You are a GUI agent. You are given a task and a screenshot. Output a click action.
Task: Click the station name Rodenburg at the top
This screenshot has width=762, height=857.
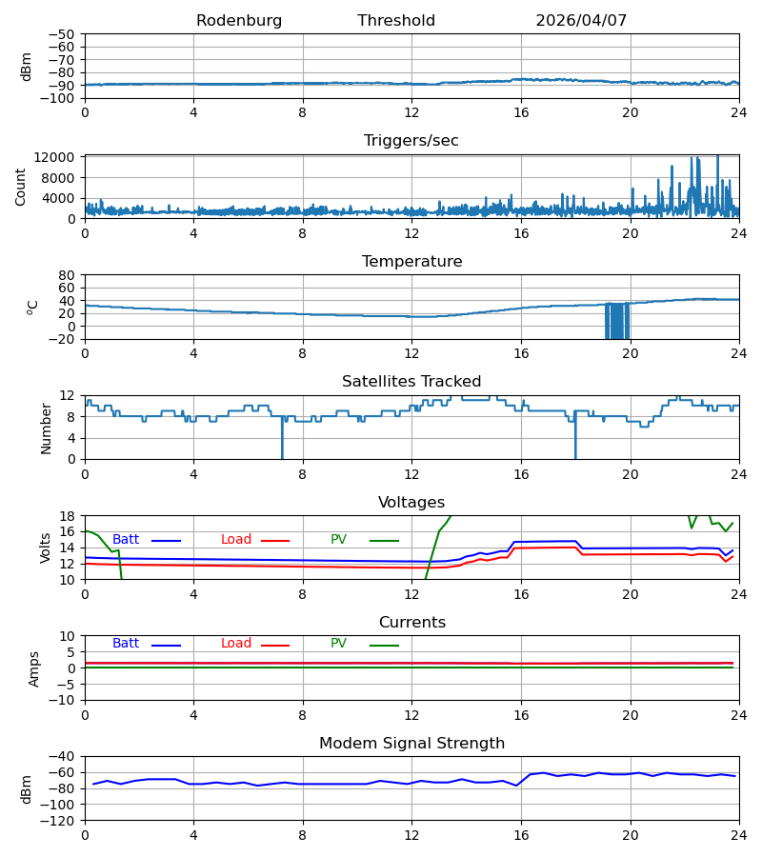(x=239, y=21)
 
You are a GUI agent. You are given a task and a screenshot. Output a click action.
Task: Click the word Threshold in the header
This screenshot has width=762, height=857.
(x=396, y=21)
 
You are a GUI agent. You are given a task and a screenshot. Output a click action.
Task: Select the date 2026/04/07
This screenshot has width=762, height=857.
(x=581, y=21)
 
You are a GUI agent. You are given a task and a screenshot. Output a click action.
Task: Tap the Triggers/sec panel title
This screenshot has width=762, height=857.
(x=411, y=141)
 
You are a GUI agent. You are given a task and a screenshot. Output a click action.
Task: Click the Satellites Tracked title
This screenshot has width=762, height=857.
(x=411, y=382)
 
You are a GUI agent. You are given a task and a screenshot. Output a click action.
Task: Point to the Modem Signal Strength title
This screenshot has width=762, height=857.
(x=411, y=744)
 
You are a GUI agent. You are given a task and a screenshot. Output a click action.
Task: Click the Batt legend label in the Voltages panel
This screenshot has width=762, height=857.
(x=126, y=540)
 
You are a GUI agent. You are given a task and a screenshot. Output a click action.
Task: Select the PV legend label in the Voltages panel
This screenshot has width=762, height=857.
(x=338, y=540)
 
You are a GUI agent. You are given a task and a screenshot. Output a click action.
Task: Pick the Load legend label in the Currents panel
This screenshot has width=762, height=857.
(x=236, y=644)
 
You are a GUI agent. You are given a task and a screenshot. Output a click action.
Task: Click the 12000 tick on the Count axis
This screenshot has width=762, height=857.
(x=54, y=157)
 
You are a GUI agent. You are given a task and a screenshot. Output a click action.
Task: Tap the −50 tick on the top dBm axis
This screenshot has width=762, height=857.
(x=61, y=34)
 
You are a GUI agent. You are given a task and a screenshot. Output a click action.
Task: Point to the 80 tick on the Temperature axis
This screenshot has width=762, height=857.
(x=67, y=275)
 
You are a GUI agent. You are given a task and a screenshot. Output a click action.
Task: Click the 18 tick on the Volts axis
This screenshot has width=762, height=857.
(x=67, y=516)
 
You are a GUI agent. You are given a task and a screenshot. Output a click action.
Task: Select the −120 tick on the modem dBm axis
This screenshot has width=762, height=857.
(x=58, y=821)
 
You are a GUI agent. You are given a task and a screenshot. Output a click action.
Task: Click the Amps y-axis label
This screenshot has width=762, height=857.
(x=34, y=669)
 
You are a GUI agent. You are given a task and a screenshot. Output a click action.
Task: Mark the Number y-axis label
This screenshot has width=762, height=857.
(x=46, y=429)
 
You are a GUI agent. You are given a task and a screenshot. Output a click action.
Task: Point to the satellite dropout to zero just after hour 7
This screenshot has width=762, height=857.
(x=282, y=438)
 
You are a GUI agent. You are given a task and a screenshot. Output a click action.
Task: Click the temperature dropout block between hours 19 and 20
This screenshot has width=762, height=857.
(x=617, y=321)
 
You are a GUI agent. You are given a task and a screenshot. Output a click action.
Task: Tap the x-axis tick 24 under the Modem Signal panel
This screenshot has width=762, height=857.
(x=739, y=836)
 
